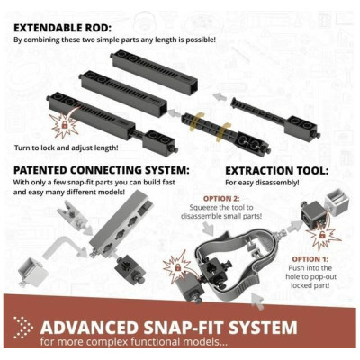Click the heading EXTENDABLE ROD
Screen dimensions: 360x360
tap(62, 28)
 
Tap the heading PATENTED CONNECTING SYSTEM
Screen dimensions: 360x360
tap(102, 170)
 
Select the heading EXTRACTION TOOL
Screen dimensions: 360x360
tap(277, 171)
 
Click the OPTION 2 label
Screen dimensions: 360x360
tap(221, 199)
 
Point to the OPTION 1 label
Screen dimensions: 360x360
tap(310, 259)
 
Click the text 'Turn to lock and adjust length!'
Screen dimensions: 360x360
tap(66, 148)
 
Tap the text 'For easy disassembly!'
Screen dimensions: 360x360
tap(262, 183)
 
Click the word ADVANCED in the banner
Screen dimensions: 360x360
tap(89, 328)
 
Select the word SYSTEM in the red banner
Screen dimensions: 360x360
tap(263, 328)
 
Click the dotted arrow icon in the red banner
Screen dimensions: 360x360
tap(23, 328)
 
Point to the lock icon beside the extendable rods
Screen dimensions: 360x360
tap(64, 125)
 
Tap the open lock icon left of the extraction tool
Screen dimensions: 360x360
tap(178, 266)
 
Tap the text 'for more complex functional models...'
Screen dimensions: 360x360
tap(134, 342)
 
